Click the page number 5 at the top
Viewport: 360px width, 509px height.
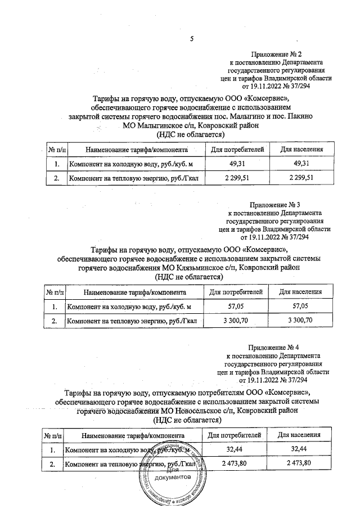(191, 39)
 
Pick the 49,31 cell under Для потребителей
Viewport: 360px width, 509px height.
(236, 163)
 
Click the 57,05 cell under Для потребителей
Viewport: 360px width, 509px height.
(236, 306)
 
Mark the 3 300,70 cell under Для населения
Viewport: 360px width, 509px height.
(300, 320)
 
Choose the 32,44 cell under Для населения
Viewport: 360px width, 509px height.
(299, 449)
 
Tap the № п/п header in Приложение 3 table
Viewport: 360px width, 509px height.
(55, 292)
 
